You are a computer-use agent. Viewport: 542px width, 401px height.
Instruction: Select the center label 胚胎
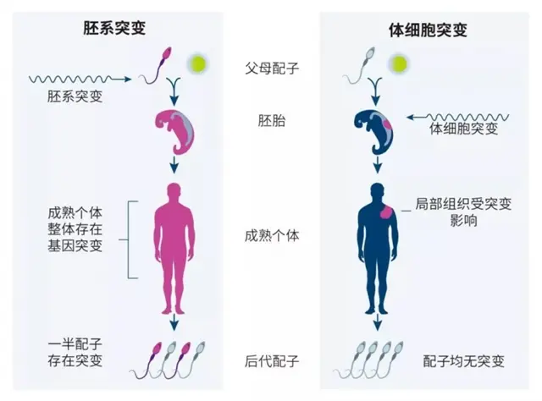point(270,120)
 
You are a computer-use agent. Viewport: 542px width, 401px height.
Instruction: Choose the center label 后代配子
point(270,361)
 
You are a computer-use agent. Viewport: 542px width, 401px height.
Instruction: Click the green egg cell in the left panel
point(200,64)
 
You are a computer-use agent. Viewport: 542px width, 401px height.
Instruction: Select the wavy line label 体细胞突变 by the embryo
point(461,130)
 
